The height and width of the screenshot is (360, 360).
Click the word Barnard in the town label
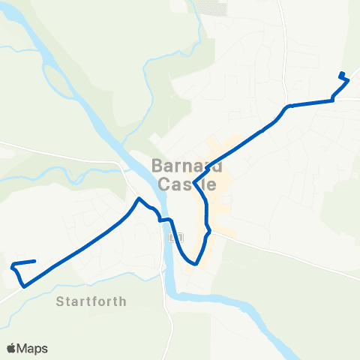184,165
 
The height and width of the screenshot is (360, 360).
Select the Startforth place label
91,301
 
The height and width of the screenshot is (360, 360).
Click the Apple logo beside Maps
11,348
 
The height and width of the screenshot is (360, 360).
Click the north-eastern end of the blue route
342,73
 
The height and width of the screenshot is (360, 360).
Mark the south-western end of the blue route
35,261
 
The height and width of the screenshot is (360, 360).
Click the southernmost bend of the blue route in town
195,264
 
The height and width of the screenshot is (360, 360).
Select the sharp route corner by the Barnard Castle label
194,182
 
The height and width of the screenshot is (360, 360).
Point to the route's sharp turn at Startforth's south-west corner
25,286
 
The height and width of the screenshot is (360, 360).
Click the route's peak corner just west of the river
139,199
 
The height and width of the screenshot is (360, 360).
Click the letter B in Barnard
158,165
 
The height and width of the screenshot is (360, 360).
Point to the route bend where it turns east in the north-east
287,106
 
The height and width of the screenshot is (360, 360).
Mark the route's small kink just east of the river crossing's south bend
208,232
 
